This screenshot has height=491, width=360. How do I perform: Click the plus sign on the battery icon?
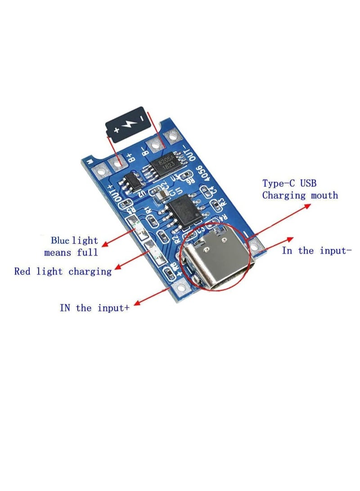click(x=117, y=130)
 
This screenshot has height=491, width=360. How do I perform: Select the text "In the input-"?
click(x=316, y=251)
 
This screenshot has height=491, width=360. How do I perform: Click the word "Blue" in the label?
click(x=60, y=240)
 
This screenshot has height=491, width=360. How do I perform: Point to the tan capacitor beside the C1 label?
click(x=161, y=194)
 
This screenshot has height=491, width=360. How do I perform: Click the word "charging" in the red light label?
click(x=90, y=272)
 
